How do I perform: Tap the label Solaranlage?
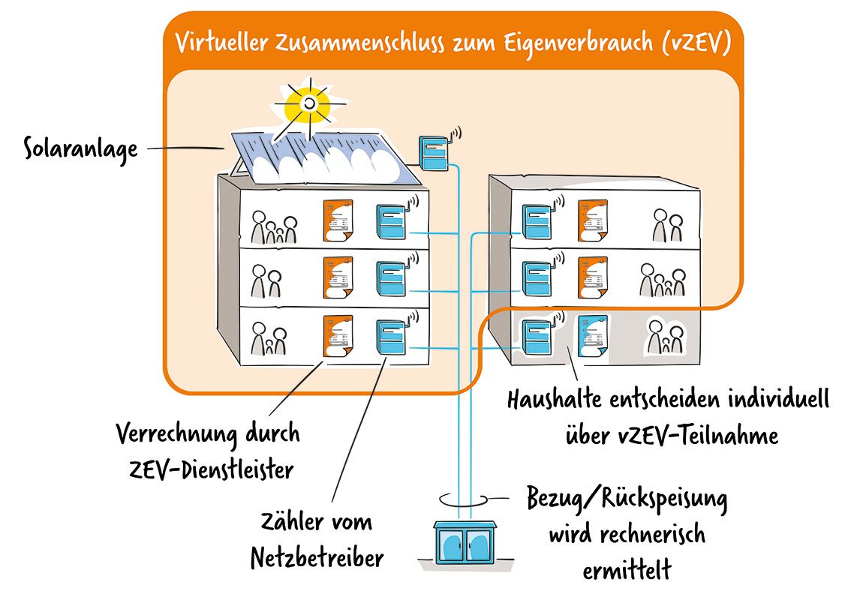tap(81, 148)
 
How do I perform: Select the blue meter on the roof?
tap(432, 152)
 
